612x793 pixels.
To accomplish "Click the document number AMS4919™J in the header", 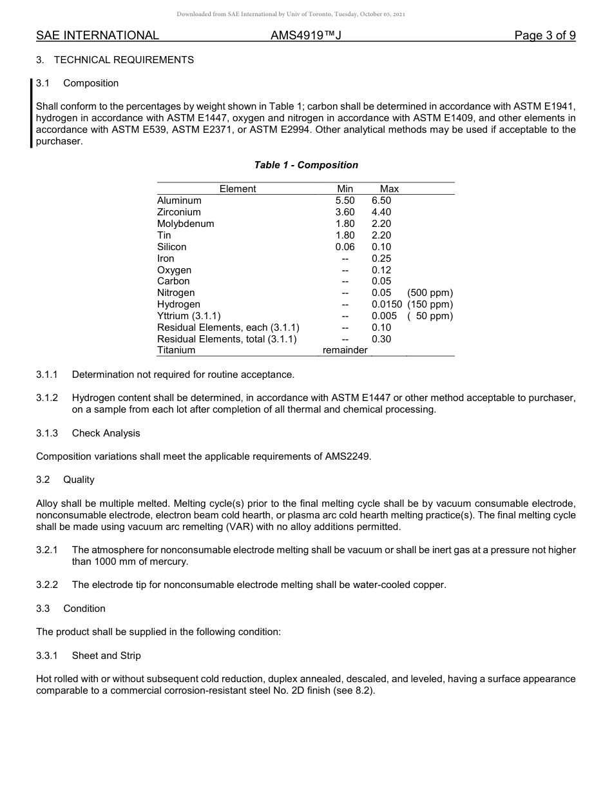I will (x=305, y=35).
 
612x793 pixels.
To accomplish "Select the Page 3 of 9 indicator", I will (x=544, y=35).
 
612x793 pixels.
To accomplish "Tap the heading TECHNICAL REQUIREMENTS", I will (x=124, y=60).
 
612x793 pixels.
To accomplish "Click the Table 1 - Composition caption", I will (x=306, y=165).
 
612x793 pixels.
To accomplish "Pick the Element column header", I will (x=238, y=189).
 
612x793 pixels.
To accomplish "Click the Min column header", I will (x=345, y=189).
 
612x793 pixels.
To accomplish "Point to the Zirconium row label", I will (x=179, y=212).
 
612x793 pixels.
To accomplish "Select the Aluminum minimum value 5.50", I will (x=345, y=201).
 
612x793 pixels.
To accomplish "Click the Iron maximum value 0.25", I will (x=381, y=259).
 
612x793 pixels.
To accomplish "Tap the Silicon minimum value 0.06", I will (x=345, y=247).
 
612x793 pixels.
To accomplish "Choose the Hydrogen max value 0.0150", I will (x=387, y=304).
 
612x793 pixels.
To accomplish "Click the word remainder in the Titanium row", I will (x=345, y=350).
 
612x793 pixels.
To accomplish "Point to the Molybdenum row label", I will (x=186, y=224).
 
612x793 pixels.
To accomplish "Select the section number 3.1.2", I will (x=47, y=398).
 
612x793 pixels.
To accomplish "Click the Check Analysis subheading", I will (x=106, y=433).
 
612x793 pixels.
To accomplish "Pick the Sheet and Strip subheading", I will (x=106, y=656).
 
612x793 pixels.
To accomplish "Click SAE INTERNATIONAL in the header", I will (x=97, y=35).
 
